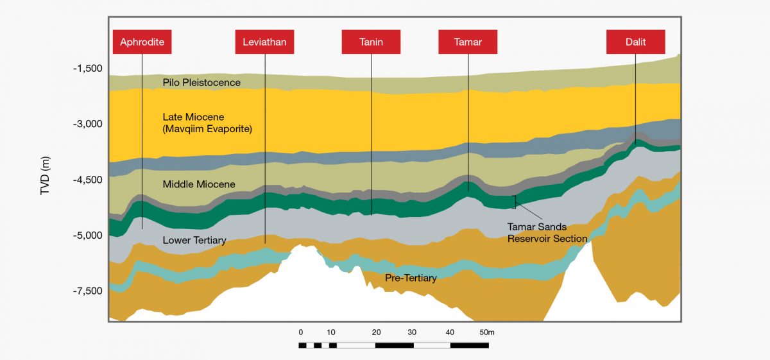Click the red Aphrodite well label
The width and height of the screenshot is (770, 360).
point(142,42)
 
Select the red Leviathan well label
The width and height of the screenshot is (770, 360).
point(264,42)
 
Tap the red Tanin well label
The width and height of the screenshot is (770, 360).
point(371,42)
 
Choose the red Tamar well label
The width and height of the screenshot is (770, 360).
point(468,42)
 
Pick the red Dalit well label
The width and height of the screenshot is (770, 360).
point(635,42)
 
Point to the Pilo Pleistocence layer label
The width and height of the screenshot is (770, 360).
point(201,83)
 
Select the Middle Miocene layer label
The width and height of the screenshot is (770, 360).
point(199,185)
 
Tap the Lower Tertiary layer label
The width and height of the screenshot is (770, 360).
point(194,241)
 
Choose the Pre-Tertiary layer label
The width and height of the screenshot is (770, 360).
point(411,279)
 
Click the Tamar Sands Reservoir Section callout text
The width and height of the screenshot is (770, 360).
point(547,233)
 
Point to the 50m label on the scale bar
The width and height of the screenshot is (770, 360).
point(487,332)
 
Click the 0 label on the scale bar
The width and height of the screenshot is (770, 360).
point(300,332)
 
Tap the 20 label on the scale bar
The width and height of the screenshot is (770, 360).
point(376,332)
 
